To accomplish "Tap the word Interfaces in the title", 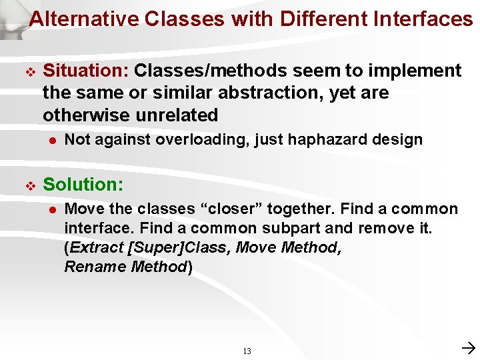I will [424, 19].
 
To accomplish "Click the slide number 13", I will [247, 351].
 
